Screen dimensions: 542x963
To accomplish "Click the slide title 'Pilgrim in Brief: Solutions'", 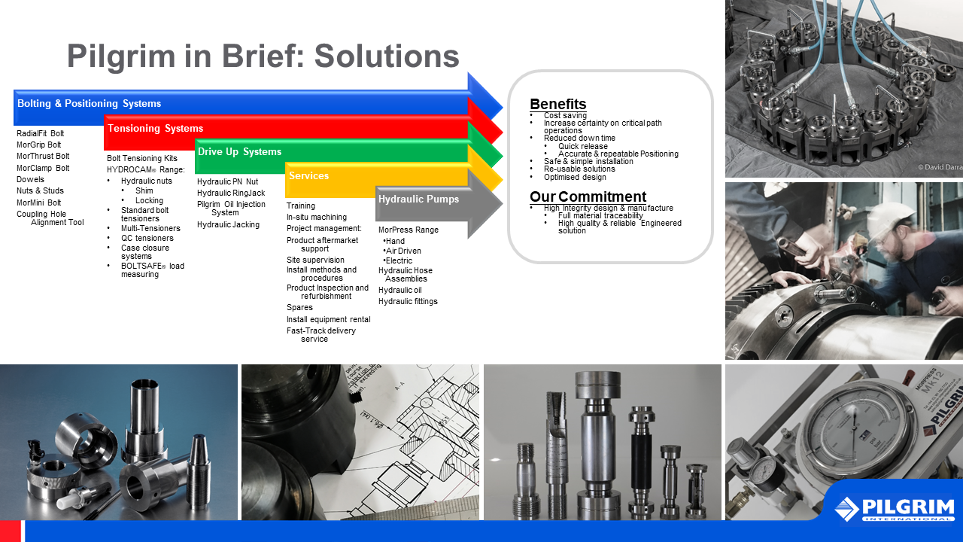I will point(263,56).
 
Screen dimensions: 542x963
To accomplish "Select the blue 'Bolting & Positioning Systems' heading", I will point(89,104).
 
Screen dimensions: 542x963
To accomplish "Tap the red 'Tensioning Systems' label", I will point(155,129).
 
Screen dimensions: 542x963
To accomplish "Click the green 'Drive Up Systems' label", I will point(239,152).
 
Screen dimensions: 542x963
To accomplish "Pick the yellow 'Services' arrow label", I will point(308,176).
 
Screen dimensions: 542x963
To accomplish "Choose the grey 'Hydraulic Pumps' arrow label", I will point(418,199).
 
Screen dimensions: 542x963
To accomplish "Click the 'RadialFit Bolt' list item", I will point(41,133).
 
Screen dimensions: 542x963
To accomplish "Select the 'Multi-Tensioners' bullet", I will point(150,228).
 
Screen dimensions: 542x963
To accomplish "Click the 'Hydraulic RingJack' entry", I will point(231,193).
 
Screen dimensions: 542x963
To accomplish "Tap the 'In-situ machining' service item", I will point(317,217).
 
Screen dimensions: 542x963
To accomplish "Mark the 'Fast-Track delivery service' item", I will point(321,334).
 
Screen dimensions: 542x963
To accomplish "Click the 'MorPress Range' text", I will point(409,230).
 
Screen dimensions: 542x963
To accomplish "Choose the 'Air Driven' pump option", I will point(403,251).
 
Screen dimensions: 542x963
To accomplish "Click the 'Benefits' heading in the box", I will point(557,104).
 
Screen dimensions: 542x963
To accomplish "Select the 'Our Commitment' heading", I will point(588,197).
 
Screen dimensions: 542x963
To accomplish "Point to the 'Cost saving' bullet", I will point(565,115).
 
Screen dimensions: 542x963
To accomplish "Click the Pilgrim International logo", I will point(895,508).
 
